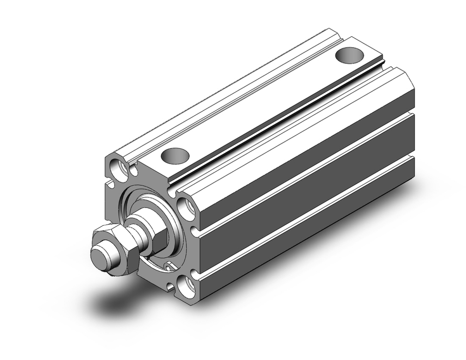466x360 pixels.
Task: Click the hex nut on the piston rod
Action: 116,252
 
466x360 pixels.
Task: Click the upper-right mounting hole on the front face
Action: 186,208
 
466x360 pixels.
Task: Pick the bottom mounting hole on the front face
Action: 186,285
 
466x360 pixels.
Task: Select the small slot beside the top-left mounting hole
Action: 134,170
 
